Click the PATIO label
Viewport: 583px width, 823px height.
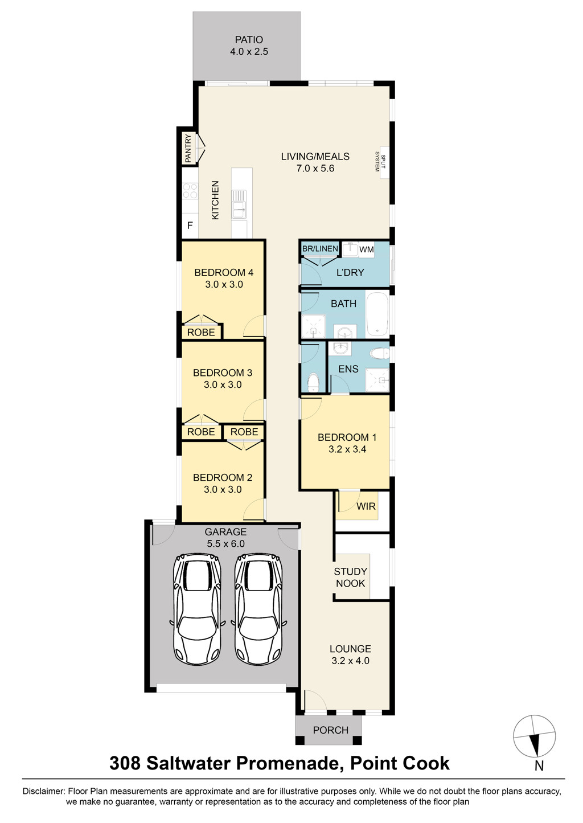pyautogui.click(x=249, y=39)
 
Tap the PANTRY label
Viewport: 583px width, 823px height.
pyautogui.click(x=188, y=148)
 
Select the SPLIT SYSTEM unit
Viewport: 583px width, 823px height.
pyautogui.click(x=384, y=162)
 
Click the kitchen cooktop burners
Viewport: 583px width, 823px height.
pyautogui.click(x=190, y=191)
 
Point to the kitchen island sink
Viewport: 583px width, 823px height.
pyautogui.click(x=239, y=204)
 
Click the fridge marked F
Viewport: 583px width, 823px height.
pyautogui.click(x=190, y=225)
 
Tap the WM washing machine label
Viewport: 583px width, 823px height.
pyautogui.click(x=366, y=249)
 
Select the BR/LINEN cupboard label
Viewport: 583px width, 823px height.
pyautogui.click(x=320, y=249)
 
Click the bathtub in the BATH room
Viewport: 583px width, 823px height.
pyautogui.click(x=377, y=314)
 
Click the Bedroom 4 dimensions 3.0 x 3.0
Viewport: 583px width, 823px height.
pyautogui.click(x=224, y=284)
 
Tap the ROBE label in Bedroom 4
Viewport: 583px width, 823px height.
pyautogui.click(x=201, y=332)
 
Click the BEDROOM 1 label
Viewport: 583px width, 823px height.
pyautogui.click(x=347, y=437)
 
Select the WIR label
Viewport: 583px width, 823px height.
pyautogui.click(x=366, y=506)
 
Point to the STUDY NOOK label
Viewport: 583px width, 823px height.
pyautogui.click(x=351, y=577)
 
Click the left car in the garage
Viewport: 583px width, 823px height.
pyautogui.click(x=197, y=608)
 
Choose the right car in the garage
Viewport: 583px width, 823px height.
pyautogui.click(x=258, y=608)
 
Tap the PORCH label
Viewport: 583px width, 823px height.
pyautogui.click(x=331, y=730)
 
